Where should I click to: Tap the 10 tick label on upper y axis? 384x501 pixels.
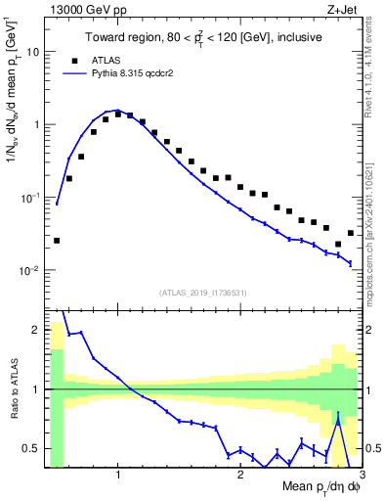pyautogui.click(x=32, y=52)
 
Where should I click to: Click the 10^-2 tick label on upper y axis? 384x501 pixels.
pyautogui.click(x=28, y=270)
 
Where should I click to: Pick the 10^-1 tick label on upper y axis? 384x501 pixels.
pyautogui.click(x=28, y=198)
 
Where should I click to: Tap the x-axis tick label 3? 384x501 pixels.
pyautogui.click(x=362, y=476)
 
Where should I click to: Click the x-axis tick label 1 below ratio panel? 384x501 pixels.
pyautogui.click(x=118, y=476)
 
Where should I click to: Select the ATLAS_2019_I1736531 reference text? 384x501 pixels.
pyautogui.click(x=203, y=293)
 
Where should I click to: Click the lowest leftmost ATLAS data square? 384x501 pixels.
pyautogui.click(x=57, y=240)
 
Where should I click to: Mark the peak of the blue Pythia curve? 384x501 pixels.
pyautogui.click(x=117, y=111)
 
